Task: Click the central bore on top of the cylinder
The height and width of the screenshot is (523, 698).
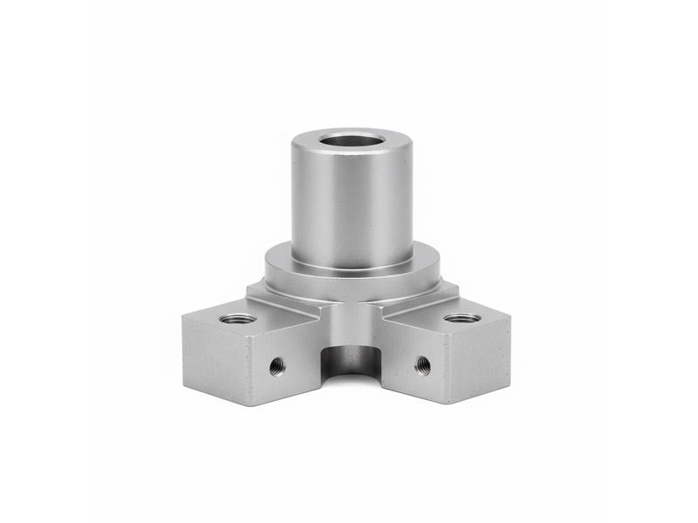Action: [352, 139]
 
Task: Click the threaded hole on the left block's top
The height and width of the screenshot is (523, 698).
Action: [238, 318]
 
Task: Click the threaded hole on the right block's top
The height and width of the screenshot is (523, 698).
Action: [462, 317]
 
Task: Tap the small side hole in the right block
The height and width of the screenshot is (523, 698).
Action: [421, 363]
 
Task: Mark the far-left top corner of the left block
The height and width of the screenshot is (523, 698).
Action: [183, 319]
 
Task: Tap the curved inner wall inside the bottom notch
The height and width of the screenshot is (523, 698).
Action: [353, 357]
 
